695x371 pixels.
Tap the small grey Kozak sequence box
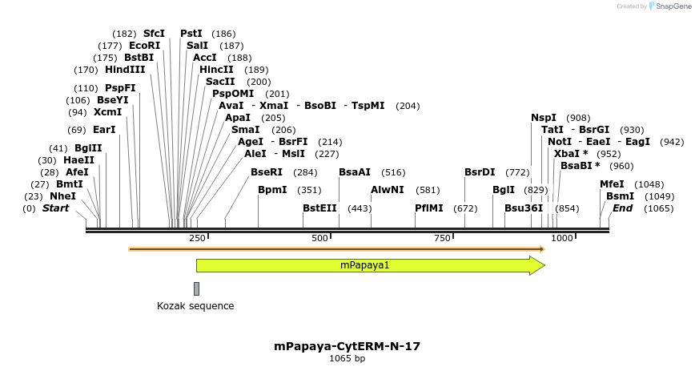click(196, 288)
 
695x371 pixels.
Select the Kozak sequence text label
click(195, 306)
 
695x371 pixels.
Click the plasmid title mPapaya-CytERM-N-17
click(347, 347)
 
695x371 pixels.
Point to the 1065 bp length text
click(347, 359)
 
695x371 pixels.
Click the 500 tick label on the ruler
click(319, 239)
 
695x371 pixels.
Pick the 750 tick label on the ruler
click(442, 239)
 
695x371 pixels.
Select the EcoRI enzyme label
click(144, 46)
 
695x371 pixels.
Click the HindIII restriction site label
click(125, 70)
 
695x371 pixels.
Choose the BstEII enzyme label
click(319, 208)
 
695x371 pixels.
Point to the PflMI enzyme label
click(428, 208)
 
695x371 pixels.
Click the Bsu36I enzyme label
click(524, 208)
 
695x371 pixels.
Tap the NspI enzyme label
click(544, 118)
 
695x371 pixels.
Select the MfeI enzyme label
click(612, 184)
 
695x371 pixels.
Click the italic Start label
click(55, 208)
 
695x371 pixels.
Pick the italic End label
click(622, 208)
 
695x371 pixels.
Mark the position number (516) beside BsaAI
click(393, 172)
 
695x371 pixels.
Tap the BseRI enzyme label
click(267, 172)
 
